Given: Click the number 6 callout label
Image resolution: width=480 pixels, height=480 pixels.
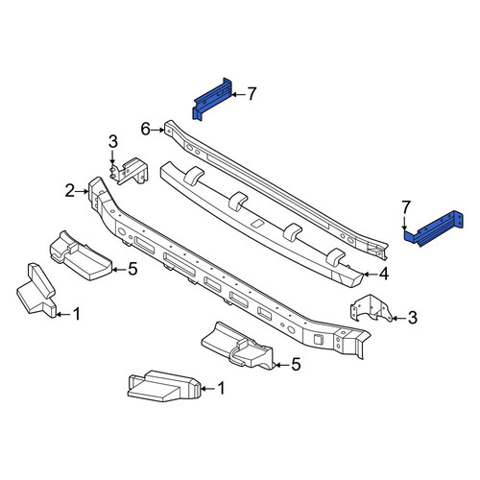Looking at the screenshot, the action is pyautogui.click(x=146, y=130).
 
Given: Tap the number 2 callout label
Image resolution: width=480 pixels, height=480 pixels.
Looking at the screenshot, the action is pyautogui.click(x=70, y=191).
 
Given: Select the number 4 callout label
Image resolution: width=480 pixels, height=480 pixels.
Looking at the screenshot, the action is pyautogui.click(x=384, y=275).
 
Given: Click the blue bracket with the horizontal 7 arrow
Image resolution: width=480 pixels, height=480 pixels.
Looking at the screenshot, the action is pyautogui.click(x=212, y=99).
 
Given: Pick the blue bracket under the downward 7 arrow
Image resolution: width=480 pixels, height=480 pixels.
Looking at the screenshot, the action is pyautogui.click(x=434, y=228).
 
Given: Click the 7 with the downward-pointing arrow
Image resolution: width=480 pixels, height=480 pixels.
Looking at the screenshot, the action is pyautogui.click(x=406, y=207).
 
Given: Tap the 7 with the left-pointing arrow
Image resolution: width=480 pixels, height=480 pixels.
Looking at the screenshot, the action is pyautogui.click(x=252, y=94).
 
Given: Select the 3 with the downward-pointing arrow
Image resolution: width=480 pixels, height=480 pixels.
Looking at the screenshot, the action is pyautogui.click(x=113, y=142).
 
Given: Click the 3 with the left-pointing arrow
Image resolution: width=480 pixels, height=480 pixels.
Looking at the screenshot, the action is pyautogui.click(x=413, y=318).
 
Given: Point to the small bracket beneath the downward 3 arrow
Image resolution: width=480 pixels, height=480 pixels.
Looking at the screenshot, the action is pyautogui.click(x=130, y=172).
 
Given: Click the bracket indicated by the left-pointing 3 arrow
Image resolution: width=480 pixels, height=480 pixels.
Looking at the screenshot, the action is pyautogui.click(x=372, y=308).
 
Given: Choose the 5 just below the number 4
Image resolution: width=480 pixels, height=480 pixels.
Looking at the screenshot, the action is pyautogui.click(x=296, y=365).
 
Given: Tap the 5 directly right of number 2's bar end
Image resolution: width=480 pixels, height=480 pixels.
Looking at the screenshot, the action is pyautogui.click(x=132, y=269).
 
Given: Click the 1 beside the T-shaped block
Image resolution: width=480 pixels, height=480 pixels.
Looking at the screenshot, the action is pyautogui.click(x=77, y=314).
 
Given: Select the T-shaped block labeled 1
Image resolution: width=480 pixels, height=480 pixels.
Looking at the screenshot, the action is pyautogui.click(x=36, y=291).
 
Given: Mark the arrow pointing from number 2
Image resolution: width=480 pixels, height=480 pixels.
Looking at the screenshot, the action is pyautogui.click(x=82, y=191).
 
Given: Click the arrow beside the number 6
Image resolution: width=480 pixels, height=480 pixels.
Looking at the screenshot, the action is pyautogui.click(x=157, y=130).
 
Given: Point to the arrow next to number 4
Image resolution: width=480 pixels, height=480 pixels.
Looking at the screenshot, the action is pyautogui.click(x=371, y=275).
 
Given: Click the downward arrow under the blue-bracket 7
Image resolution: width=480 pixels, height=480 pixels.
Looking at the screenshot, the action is pyautogui.click(x=405, y=222).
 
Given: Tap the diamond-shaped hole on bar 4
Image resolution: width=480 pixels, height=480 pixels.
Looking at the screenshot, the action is pyautogui.click(x=257, y=223).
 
